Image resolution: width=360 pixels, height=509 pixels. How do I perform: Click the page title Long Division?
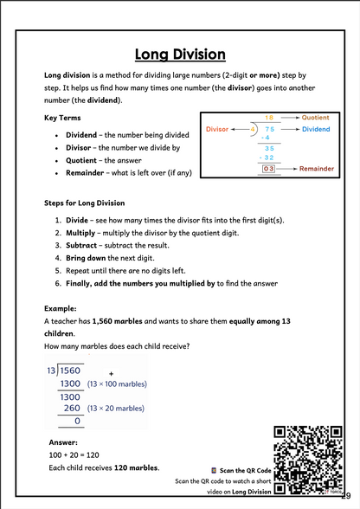click(x=180, y=55)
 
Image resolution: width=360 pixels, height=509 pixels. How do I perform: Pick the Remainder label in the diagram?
click(x=318, y=169)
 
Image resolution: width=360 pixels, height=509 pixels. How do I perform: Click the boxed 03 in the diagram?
click(x=268, y=169)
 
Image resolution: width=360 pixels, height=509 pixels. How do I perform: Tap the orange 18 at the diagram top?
click(x=268, y=117)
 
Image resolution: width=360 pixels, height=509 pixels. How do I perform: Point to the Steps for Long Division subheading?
click(x=84, y=203)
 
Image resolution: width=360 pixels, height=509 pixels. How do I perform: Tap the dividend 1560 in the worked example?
click(x=70, y=370)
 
